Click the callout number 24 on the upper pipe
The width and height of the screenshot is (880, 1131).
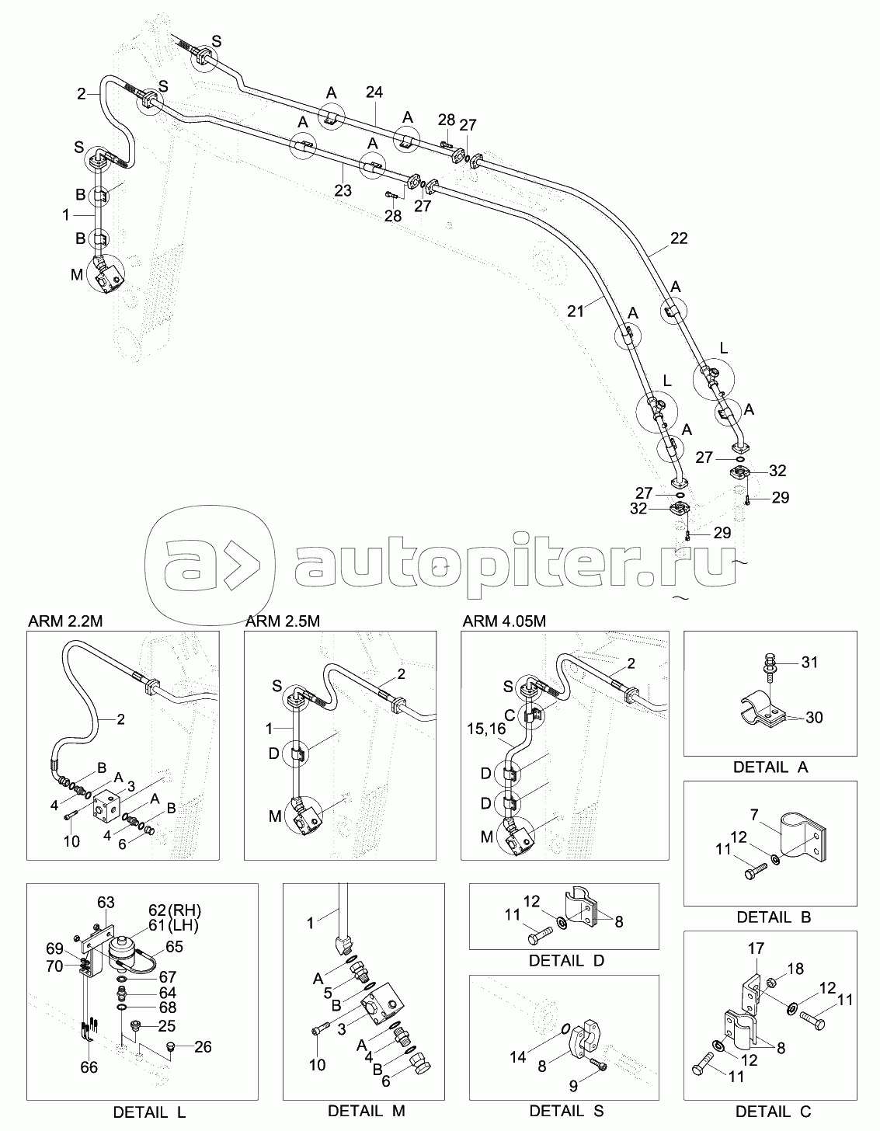(x=374, y=92)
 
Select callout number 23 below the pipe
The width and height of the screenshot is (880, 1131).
(x=343, y=190)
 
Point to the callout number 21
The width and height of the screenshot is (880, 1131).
(x=575, y=311)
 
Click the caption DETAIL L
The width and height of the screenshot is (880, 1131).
(x=149, y=1112)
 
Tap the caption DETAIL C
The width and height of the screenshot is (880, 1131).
(x=773, y=1112)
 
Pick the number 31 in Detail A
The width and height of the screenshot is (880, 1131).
(x=809, y=663)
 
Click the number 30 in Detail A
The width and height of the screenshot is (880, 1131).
(x=813, y=717)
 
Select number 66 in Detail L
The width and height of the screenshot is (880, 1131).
(x=89, y=1067)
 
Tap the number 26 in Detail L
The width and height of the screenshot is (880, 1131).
(x=203, y=1046)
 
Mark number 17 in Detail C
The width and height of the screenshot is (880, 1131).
(x=757, y=948)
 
